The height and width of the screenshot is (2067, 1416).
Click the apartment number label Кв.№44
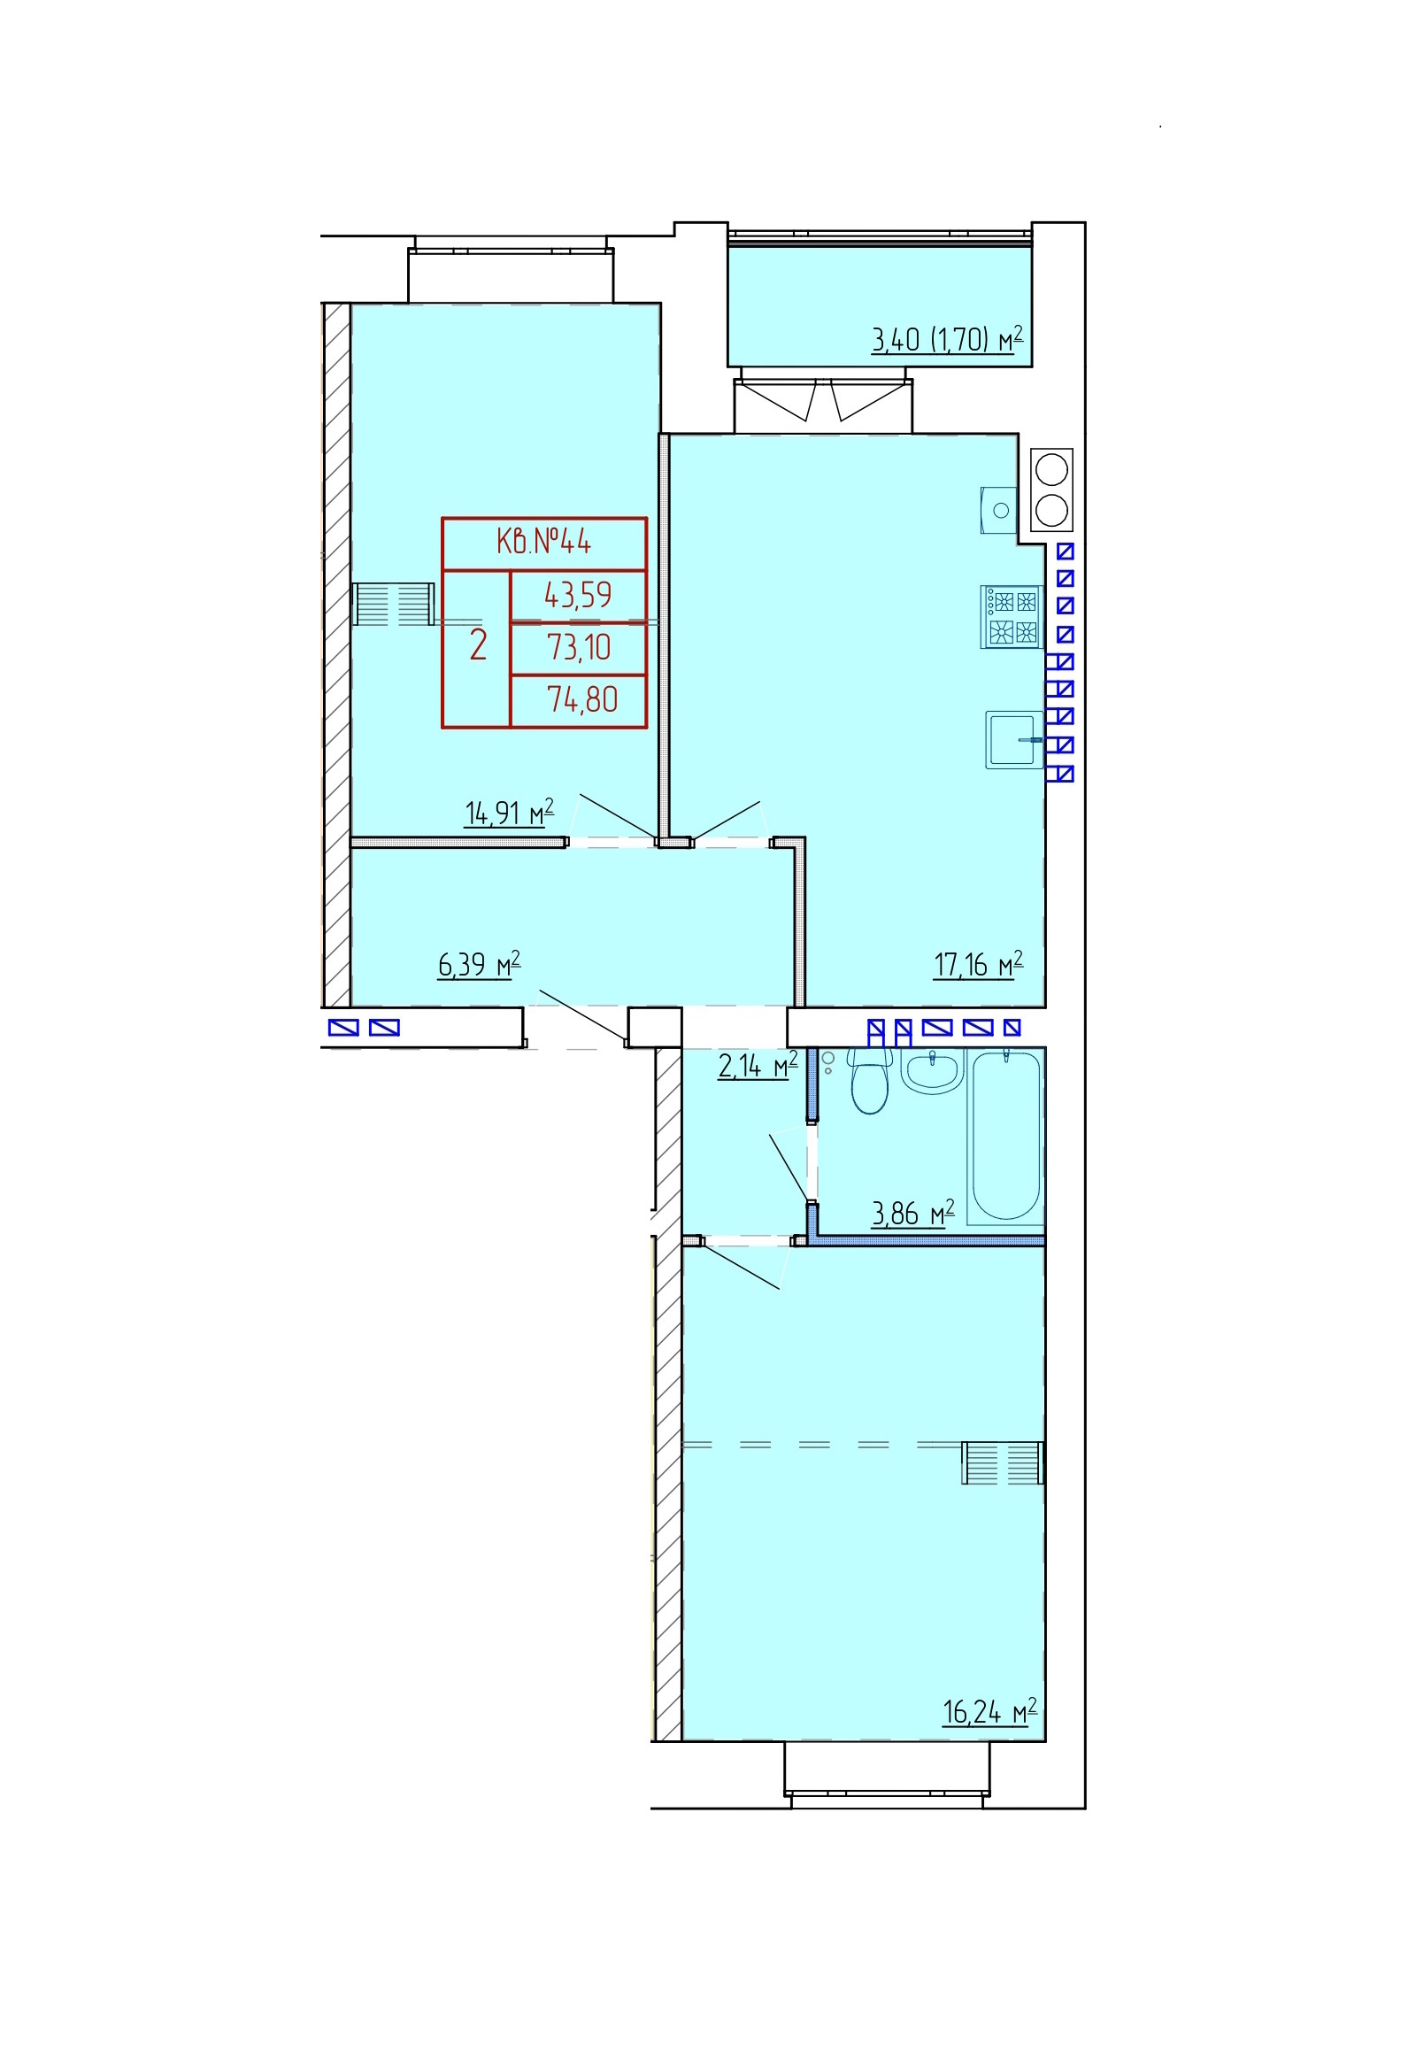pyautogui.click(x=543, y=541)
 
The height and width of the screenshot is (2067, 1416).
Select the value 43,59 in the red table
pyautogui.click(x=578, y=594)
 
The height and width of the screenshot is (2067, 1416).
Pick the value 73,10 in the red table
pyautogui.click(x=579, y=646)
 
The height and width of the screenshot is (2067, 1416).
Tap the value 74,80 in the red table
pyautogui.click(x=581, y=699)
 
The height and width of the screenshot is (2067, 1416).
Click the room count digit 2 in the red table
pyautogui.click(x=479, y=644)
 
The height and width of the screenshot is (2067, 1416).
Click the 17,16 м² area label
pyautogui.click(x=979, y=963)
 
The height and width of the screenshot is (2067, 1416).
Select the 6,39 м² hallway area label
pyautogui.click(x=479, y=963)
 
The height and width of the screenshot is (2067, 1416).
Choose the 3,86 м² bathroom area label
pyautogui.click(x=912, y=1212)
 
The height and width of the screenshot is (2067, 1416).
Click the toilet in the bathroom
pyautogui.click(x=869, y=1081)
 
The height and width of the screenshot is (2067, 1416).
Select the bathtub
pyautogui.click(x=1006, y=1136)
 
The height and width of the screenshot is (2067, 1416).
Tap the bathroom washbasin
pyautogui.click(x=931, y=1071)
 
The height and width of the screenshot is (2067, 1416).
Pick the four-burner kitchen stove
pyautogui.click(x=1012, y=616)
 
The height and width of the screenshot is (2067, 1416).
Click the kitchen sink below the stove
pyautogui.click(x=1014, y=739)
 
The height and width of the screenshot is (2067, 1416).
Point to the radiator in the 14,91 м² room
pyautogui.click(x=392, y=604)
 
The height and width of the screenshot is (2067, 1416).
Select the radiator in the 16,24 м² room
pyautogui.click(x=1003, y=1462)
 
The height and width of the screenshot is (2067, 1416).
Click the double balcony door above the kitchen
pyautogui.click(x=823, y=405)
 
